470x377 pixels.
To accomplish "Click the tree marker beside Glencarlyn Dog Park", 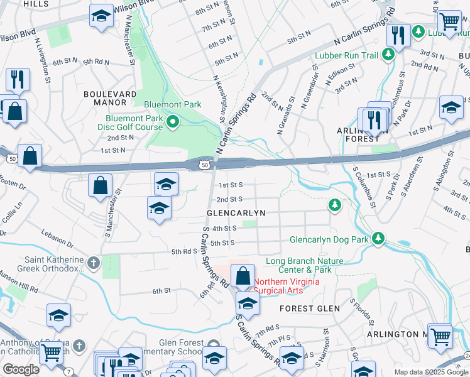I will tap(378, 239).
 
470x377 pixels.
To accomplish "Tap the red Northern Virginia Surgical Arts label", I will tap(287, 286).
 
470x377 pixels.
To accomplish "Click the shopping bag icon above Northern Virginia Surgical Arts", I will tap(243, 277).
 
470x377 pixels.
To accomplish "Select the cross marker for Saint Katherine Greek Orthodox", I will tap(94, 262).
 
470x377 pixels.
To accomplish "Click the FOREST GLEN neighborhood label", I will tap(310, 309).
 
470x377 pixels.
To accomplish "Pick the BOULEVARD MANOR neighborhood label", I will tap(110, 98).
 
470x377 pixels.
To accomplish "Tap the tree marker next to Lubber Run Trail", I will tap(388, 55).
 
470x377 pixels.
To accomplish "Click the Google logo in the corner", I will tap(21, 369).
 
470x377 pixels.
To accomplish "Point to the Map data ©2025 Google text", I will tap(431, 372).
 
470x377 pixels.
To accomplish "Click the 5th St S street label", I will tap(222, 243).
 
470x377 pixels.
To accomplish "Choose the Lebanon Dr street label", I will tap(67, 241).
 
